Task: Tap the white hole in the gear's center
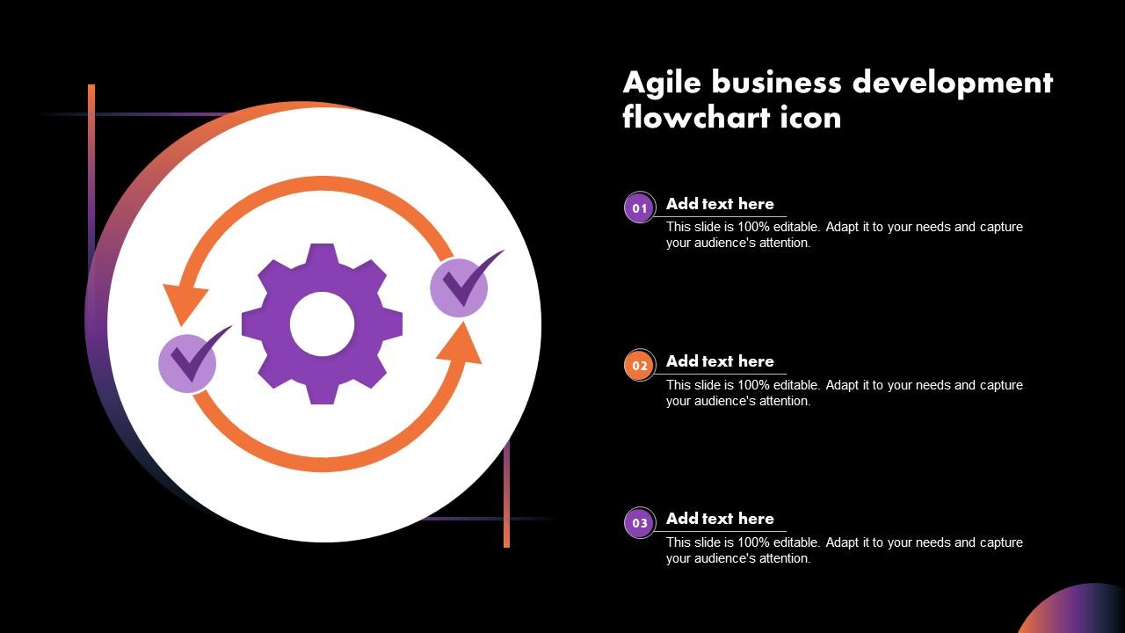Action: point(322,324)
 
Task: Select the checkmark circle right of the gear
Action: point(459,287)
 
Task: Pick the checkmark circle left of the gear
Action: point(187,362)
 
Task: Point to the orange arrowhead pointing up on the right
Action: point(461,344)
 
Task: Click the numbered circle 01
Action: point(640,208)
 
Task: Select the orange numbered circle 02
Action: point(640,366)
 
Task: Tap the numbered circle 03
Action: point(640,523)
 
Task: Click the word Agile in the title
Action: point(662,83)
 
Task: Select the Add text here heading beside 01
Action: point(720,204)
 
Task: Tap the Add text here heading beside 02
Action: point(720,361)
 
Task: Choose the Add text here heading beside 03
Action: point(720,519)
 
